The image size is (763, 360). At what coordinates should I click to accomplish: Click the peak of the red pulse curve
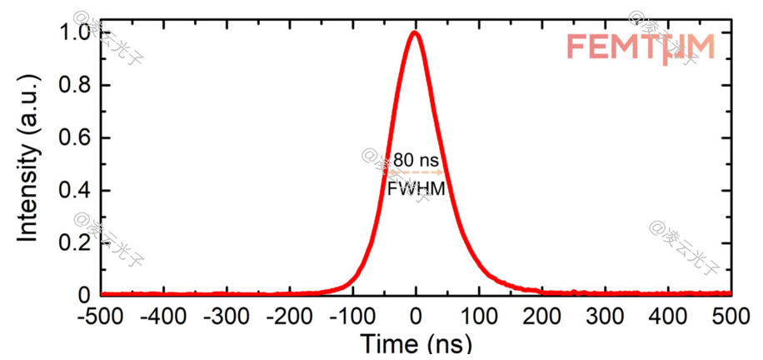click(x=415, y=32)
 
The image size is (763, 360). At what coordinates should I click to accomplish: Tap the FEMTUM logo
click(x=640, y=47)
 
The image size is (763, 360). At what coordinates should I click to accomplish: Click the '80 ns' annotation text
click(x=416, y=159)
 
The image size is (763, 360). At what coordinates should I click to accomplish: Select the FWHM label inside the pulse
click(x=416, y=189)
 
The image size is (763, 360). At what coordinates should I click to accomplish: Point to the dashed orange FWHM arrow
click(x=416, y=172)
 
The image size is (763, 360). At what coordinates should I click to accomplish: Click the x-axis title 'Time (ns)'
click(x=416, y=343)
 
